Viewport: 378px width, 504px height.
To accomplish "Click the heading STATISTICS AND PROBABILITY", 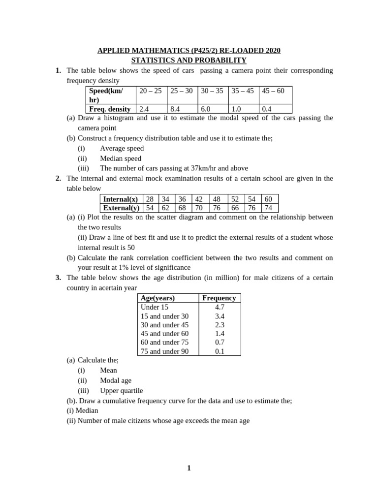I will click(189, 60).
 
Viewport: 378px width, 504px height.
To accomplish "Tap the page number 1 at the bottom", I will click(189, 468).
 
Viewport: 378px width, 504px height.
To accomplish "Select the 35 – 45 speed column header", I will click(243, 91).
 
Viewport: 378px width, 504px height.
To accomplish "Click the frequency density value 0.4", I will click(267, 109).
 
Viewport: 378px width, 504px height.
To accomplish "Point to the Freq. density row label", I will click(110, 109).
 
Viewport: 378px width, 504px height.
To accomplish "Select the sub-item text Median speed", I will click(120, 158).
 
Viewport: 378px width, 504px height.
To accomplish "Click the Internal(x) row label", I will click(121, 199).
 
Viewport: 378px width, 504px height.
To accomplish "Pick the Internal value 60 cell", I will click(268, 199).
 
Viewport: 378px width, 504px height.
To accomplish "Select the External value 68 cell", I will click(182, 208).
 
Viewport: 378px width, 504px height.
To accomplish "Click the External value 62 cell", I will click(165, 208).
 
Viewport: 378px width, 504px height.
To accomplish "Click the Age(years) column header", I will click(157, 298).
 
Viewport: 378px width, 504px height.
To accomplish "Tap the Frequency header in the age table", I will click(219, 298).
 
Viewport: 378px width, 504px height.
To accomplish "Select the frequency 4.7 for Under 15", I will click(220, 307).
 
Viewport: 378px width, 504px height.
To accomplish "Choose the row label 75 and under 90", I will click(164, 351).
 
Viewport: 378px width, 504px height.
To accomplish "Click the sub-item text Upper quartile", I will click(121, 390).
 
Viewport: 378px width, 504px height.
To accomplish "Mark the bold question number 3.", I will click(58, 278).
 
